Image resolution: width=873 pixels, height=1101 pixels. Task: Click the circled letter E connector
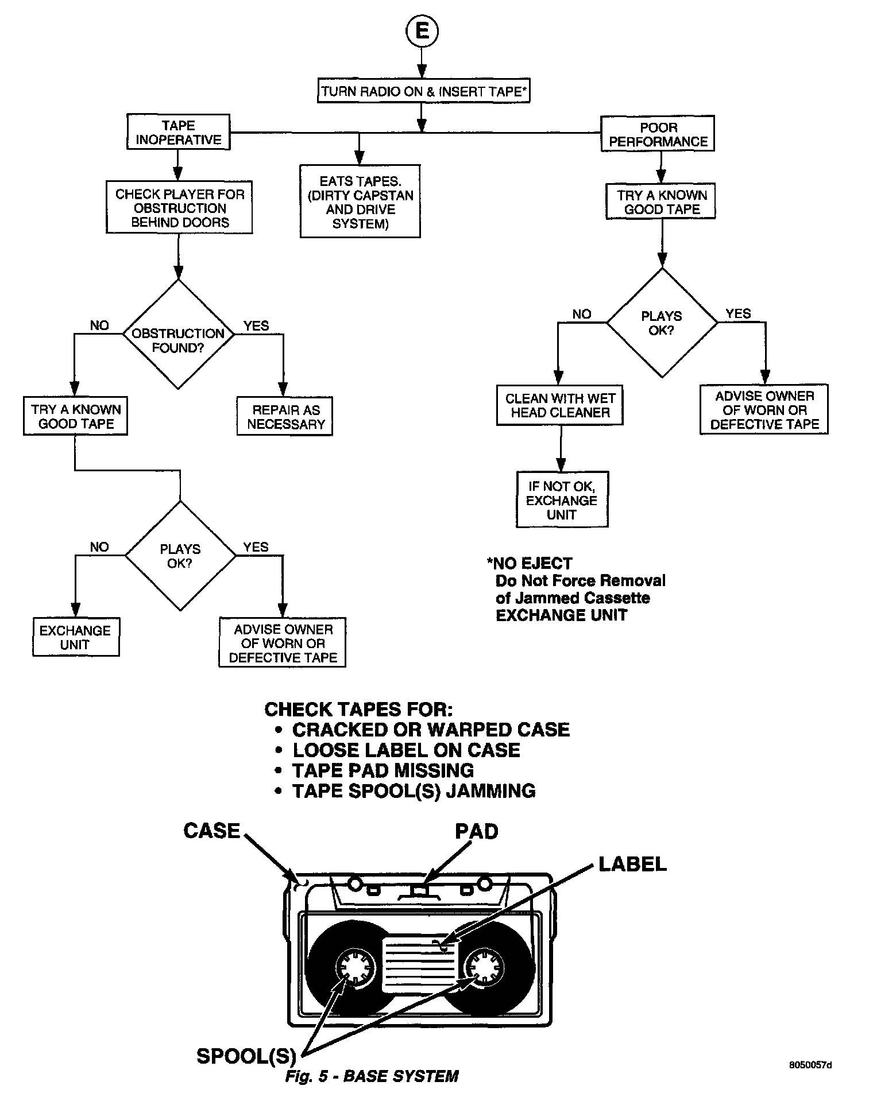tap(422, 31)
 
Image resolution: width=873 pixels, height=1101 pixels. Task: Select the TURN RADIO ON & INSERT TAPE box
tap(423, 91)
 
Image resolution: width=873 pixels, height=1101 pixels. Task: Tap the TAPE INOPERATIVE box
tap(178, 133)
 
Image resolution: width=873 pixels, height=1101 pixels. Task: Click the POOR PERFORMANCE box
tap(658, 134)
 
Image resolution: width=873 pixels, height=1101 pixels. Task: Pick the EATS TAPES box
tap(360, 202)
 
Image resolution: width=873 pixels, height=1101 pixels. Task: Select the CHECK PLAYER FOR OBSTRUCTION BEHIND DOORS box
tap(179, 208)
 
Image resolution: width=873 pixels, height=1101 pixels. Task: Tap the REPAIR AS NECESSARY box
tap(285, 417)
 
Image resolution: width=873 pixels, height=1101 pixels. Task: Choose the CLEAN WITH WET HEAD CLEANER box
tap(559, 405)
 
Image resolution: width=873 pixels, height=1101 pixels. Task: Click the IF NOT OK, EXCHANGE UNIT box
tap(561, 500)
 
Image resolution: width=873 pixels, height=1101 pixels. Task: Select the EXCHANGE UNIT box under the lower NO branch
tap(75, 637)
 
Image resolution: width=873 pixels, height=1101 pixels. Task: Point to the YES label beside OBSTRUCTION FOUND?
tap(256, 326)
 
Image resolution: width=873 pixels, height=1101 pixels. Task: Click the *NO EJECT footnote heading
tap(529, 563)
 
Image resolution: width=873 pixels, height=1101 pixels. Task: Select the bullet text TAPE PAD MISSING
tap(383, 770)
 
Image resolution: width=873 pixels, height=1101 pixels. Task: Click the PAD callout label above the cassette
tap(476, 832)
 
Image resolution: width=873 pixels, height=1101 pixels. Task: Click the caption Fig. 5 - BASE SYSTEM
tap(372, 1076)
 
